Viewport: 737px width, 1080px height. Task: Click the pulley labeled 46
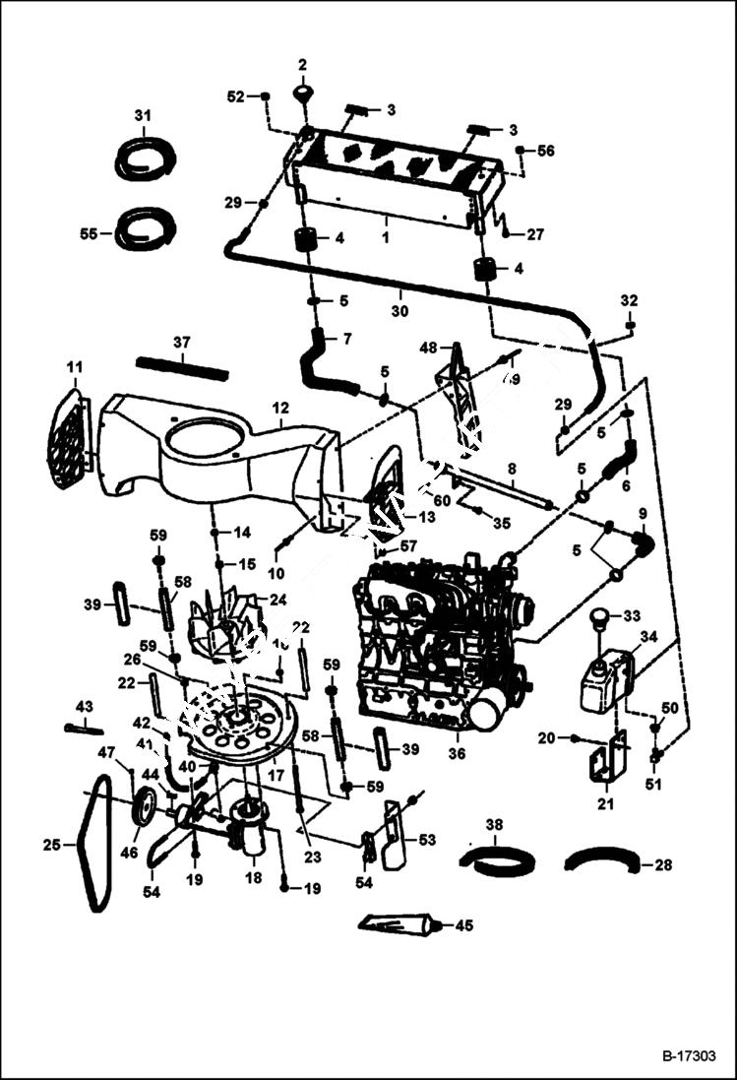[144, 806]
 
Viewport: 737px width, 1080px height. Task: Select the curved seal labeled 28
[603, 862]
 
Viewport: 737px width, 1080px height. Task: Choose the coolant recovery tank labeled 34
[602, 679]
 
